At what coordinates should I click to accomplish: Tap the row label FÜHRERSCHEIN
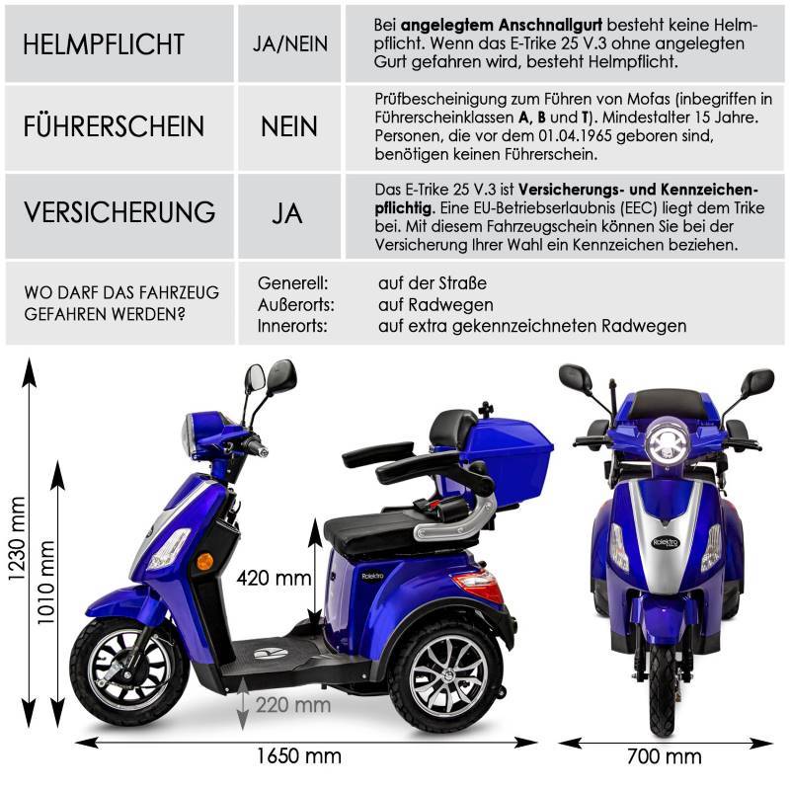point(115,127)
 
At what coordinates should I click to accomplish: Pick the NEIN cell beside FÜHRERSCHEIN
point(289,127)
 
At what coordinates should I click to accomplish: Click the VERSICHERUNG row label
point(120,212)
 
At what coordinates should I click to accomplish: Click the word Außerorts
point(295,304)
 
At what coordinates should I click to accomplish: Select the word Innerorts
point(292,325)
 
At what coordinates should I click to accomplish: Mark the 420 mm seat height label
point(274,579)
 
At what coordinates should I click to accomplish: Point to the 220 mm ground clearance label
point(293,704)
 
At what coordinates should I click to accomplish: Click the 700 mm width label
point(664,756)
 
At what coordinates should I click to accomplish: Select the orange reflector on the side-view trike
point(205,560)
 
